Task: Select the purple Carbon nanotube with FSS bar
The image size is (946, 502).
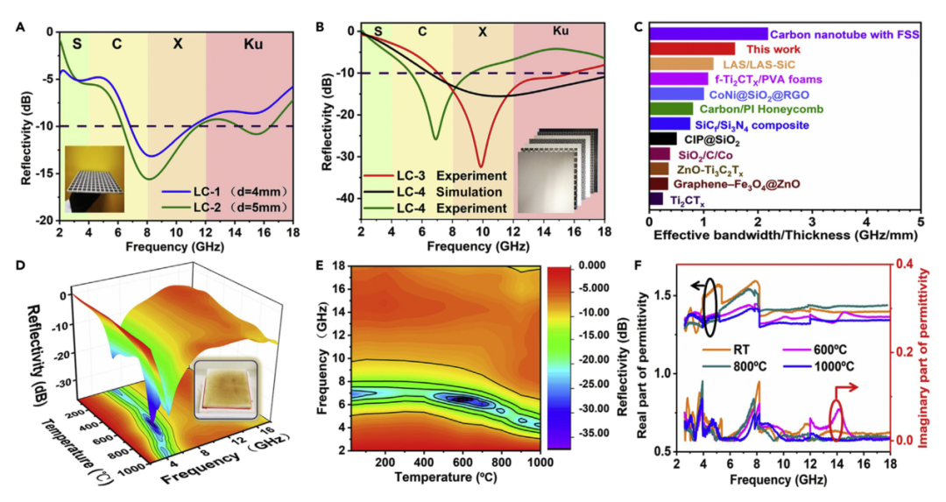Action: pos(709,33)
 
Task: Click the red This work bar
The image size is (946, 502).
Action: pos(692,48)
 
